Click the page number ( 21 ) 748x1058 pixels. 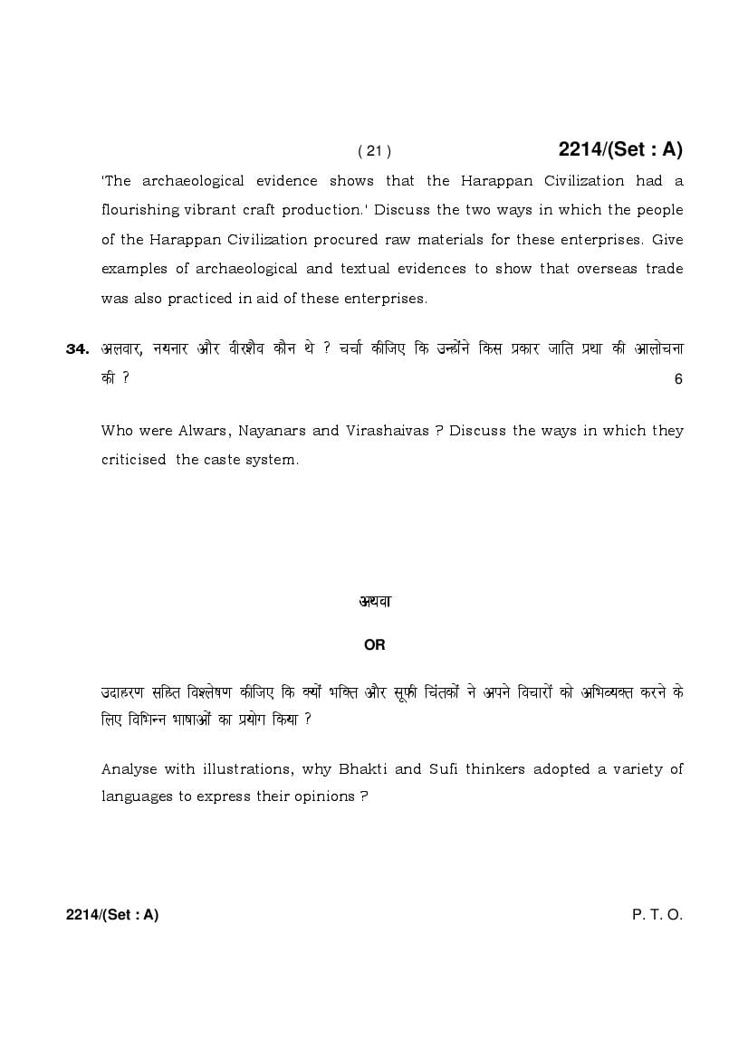pos(374,151)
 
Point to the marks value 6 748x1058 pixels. pos(678,379)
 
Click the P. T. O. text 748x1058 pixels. pos(657,915)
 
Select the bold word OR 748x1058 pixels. pos(374,645)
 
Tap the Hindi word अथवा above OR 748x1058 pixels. pos(374,601)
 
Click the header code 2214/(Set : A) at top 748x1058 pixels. pos(620,149)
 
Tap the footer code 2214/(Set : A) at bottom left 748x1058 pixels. pos(112,915)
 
